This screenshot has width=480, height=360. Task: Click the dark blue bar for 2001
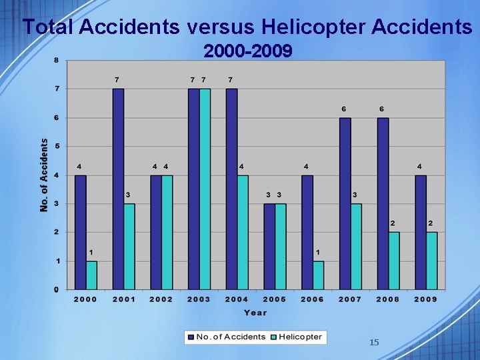pos(118,189)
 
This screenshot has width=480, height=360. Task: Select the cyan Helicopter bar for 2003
pos(205,189)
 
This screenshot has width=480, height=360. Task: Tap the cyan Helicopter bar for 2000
pos(91,275)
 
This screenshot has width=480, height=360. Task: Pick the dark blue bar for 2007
pos(345,203)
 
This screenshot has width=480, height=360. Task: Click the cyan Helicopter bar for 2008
pos(394,261)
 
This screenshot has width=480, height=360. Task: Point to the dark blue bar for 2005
pos(269,246)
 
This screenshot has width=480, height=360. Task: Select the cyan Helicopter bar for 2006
pos(318,275)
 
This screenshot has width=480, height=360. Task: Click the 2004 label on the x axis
pos(237,299)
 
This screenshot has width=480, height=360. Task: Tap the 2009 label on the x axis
pos(425,299)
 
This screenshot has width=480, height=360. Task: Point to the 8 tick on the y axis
pos(57,60)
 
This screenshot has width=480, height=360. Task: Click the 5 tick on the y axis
pos(57,146)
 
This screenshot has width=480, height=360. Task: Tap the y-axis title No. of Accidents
pos(45,175)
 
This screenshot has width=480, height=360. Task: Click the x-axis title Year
pos(255,313)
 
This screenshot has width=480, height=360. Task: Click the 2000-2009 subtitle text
pos(247,51)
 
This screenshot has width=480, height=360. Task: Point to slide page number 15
pos(374,342)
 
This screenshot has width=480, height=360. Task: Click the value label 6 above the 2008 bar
pos(382,109)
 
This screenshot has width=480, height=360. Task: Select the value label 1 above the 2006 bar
pos(318,252)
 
